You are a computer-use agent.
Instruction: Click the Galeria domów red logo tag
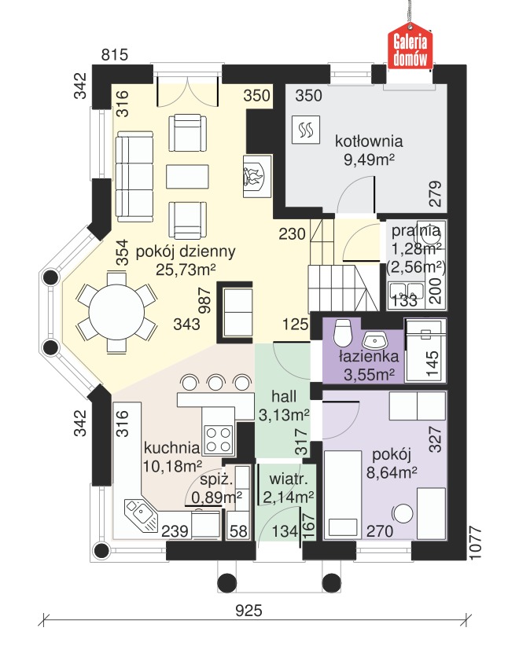[x=410, y=47]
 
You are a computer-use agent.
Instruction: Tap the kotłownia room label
[x=369, y=141]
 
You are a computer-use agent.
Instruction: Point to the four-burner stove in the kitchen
[x=219, y=439]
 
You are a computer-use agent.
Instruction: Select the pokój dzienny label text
[x=186, y=251]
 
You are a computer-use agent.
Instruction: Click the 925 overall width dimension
[x=248, y=611]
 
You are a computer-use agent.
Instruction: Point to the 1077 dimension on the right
[x=475, y=543]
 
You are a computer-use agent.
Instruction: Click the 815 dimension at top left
[x=115, y=54]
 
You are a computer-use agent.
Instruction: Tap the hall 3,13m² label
[x=284, y=406]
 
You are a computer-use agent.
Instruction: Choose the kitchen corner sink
[x=142, y=515]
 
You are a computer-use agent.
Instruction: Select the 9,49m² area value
[x=370, y=160]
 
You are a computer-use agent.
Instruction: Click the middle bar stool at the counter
[x=215, y=383]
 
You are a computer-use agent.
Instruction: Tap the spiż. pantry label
[x=216, y=479]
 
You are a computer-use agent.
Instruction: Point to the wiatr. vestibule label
[x=289, y=479]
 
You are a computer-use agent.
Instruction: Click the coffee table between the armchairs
[x=187, y=177]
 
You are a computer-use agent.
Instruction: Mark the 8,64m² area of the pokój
[x=392, y=472]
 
